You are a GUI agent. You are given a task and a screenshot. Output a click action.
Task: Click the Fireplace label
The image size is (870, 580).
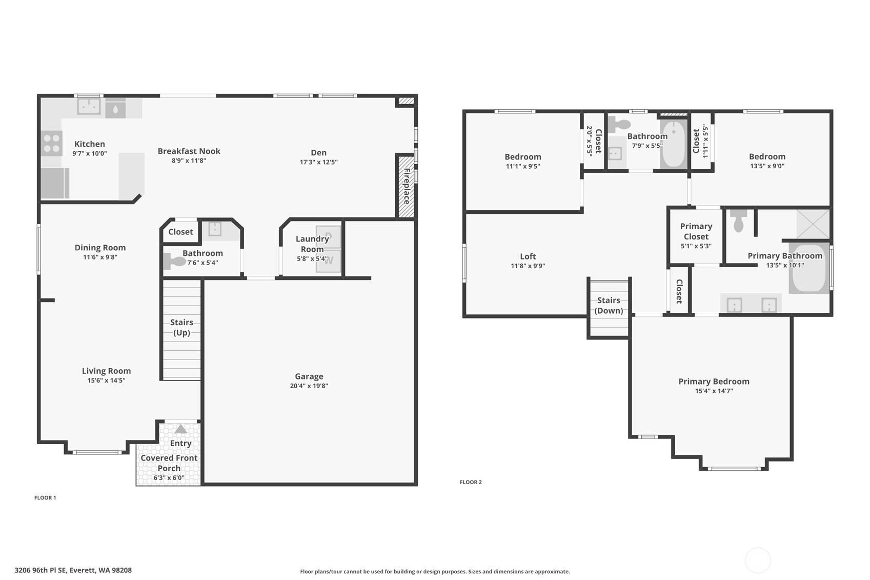coord(407,186)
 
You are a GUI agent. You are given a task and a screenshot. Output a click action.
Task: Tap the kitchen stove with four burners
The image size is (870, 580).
coord(52,143)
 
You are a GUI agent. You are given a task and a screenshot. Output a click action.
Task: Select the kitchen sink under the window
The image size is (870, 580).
coord(89,107)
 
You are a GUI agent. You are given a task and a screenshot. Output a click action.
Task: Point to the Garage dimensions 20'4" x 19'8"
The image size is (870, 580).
coord(309,386)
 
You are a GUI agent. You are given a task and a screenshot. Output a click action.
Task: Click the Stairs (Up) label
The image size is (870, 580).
coord(181,327)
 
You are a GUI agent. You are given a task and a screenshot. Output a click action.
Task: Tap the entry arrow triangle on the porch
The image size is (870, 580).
coord(180,429)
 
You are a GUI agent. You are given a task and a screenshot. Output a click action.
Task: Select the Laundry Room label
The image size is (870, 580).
coord(312,244)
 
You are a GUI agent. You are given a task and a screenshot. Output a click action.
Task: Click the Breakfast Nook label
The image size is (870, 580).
coord(189,151)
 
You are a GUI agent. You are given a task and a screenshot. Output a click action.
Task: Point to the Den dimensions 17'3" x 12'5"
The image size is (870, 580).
coord(318,162)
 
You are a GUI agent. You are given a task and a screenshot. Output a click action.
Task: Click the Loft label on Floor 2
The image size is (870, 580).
coord(528,256)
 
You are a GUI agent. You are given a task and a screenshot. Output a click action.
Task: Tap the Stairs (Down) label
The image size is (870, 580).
coord(609,305)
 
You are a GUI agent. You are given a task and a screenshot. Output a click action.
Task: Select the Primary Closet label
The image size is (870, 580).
coord(696,231)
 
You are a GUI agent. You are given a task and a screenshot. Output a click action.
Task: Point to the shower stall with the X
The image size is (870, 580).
coord(813,224)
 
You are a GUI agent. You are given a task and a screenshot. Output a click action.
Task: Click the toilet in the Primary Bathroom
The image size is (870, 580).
coord(738,221)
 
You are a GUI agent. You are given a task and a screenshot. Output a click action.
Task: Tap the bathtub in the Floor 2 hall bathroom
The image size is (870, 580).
coord(673,144)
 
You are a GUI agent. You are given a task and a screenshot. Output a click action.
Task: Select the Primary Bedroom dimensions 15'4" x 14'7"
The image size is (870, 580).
coord(714,391)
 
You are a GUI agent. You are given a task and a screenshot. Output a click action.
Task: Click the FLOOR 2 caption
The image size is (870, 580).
coord(471,482)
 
